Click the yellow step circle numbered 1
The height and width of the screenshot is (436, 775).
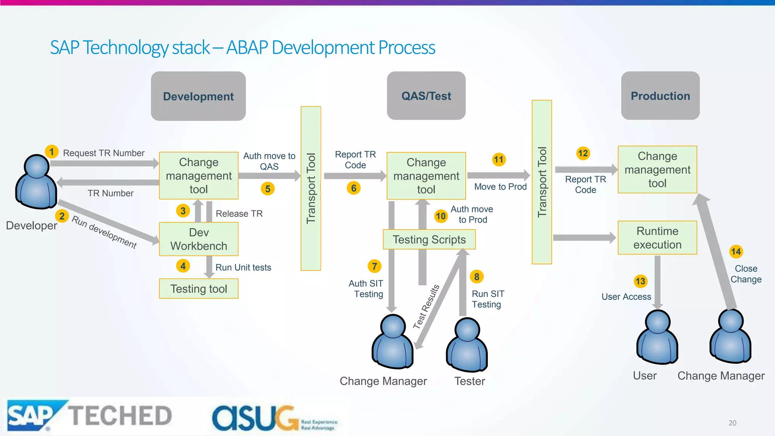tap(51, 152)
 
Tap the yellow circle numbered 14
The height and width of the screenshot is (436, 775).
tap(736, 252)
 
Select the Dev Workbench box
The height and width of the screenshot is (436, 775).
tap(199, 239)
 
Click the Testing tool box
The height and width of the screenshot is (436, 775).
tap(199, 289)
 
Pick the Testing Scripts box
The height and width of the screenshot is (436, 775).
tap(429, 240)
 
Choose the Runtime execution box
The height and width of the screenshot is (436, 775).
tap(657, 238)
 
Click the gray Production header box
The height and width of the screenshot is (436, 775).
tap(660, 96)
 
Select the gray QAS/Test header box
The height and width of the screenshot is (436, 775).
tap(426, 96)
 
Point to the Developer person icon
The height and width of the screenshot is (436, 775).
tap(36, 182)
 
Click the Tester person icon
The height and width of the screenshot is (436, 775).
tap(467, 345)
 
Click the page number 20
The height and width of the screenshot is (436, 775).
tap(732, 423)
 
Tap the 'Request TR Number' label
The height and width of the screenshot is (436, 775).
tap(104, 153)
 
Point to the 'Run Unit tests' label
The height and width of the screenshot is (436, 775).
tap(243, 268)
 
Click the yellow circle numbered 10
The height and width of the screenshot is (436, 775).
tap(440, 216)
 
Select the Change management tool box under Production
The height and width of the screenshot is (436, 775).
tap(657, 170)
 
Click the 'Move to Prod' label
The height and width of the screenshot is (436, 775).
tap(500, 187)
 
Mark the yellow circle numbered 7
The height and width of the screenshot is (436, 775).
tap(374, 266)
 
